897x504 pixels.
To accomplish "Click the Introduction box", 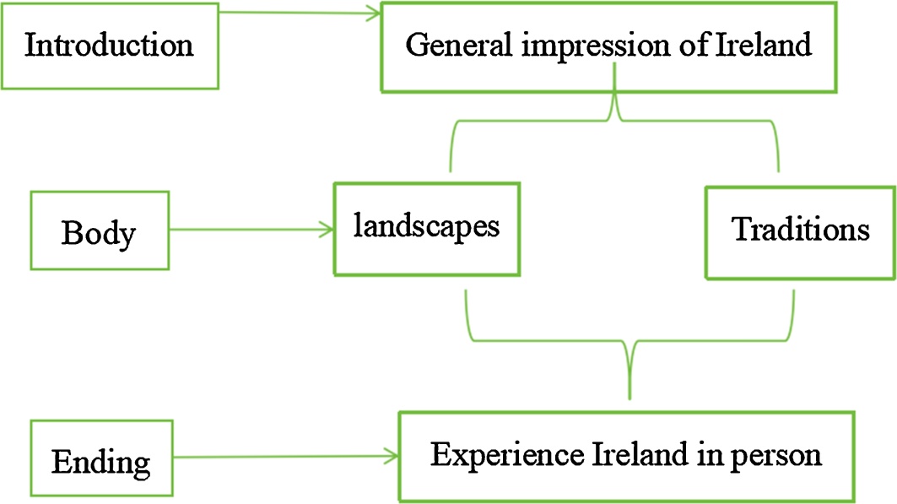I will (109, 46).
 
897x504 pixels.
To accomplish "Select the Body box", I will (99, 230).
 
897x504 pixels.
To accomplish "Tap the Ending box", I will (100, 461).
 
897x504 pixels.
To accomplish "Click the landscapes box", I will (426, 227).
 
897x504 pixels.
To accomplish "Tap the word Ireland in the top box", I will (765, 45).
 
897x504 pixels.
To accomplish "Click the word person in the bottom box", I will (779, 456).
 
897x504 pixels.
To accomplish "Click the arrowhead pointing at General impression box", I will (374, 13).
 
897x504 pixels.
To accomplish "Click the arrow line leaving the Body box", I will (245, 228).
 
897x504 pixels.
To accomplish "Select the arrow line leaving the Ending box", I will (278, 457).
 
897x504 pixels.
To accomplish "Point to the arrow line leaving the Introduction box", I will (295, 13).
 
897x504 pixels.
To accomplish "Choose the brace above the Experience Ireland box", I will (630, 341).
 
